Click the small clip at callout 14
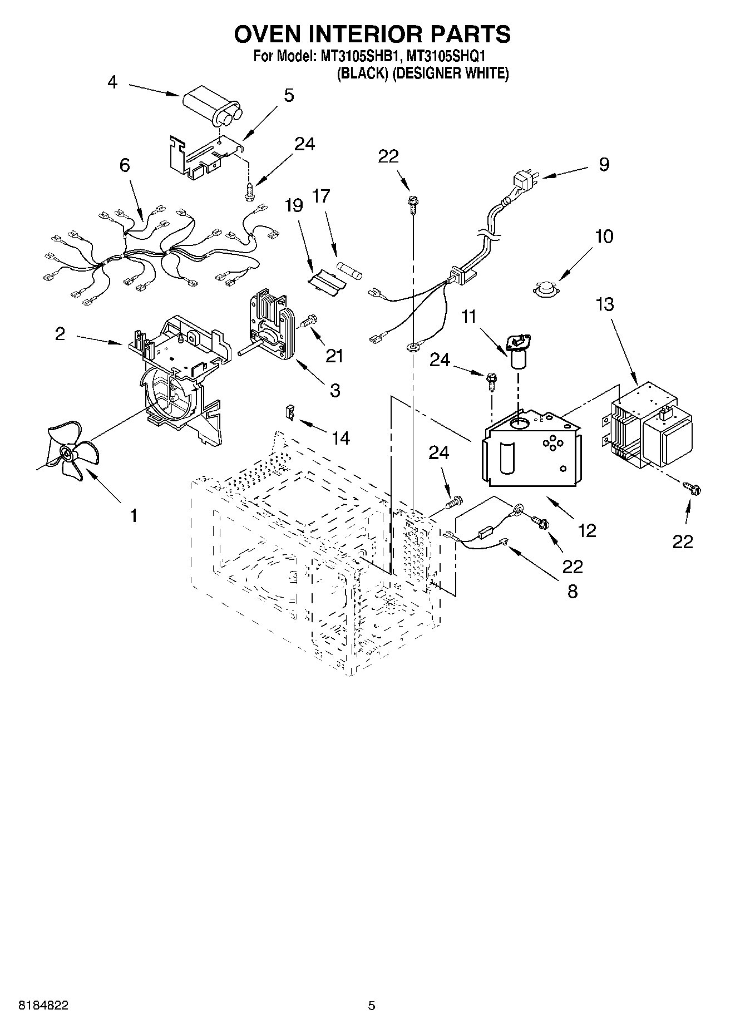290,412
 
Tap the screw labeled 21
308,321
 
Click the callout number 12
587,530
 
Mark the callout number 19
294,206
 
